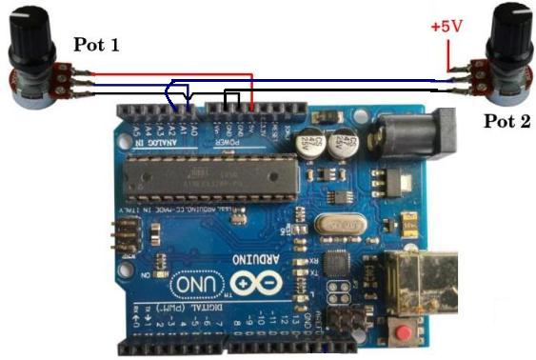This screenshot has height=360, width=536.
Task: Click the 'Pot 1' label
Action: tap(97, 44)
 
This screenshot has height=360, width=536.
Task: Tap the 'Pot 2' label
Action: tap(507, 121)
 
